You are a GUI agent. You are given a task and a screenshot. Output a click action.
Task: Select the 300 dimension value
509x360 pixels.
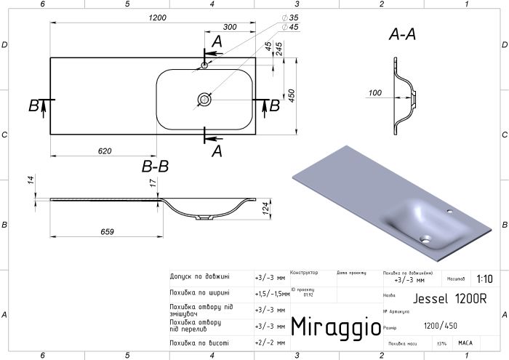231,27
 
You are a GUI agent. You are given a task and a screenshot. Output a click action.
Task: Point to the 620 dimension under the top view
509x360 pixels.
104,151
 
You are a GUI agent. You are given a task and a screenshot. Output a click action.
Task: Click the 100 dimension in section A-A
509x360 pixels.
375,93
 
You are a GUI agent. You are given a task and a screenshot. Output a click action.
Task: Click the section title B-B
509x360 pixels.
155,167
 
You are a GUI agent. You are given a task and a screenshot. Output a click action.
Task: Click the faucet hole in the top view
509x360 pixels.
205,66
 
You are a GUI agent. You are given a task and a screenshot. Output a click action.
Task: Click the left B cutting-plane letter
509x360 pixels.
33,106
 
